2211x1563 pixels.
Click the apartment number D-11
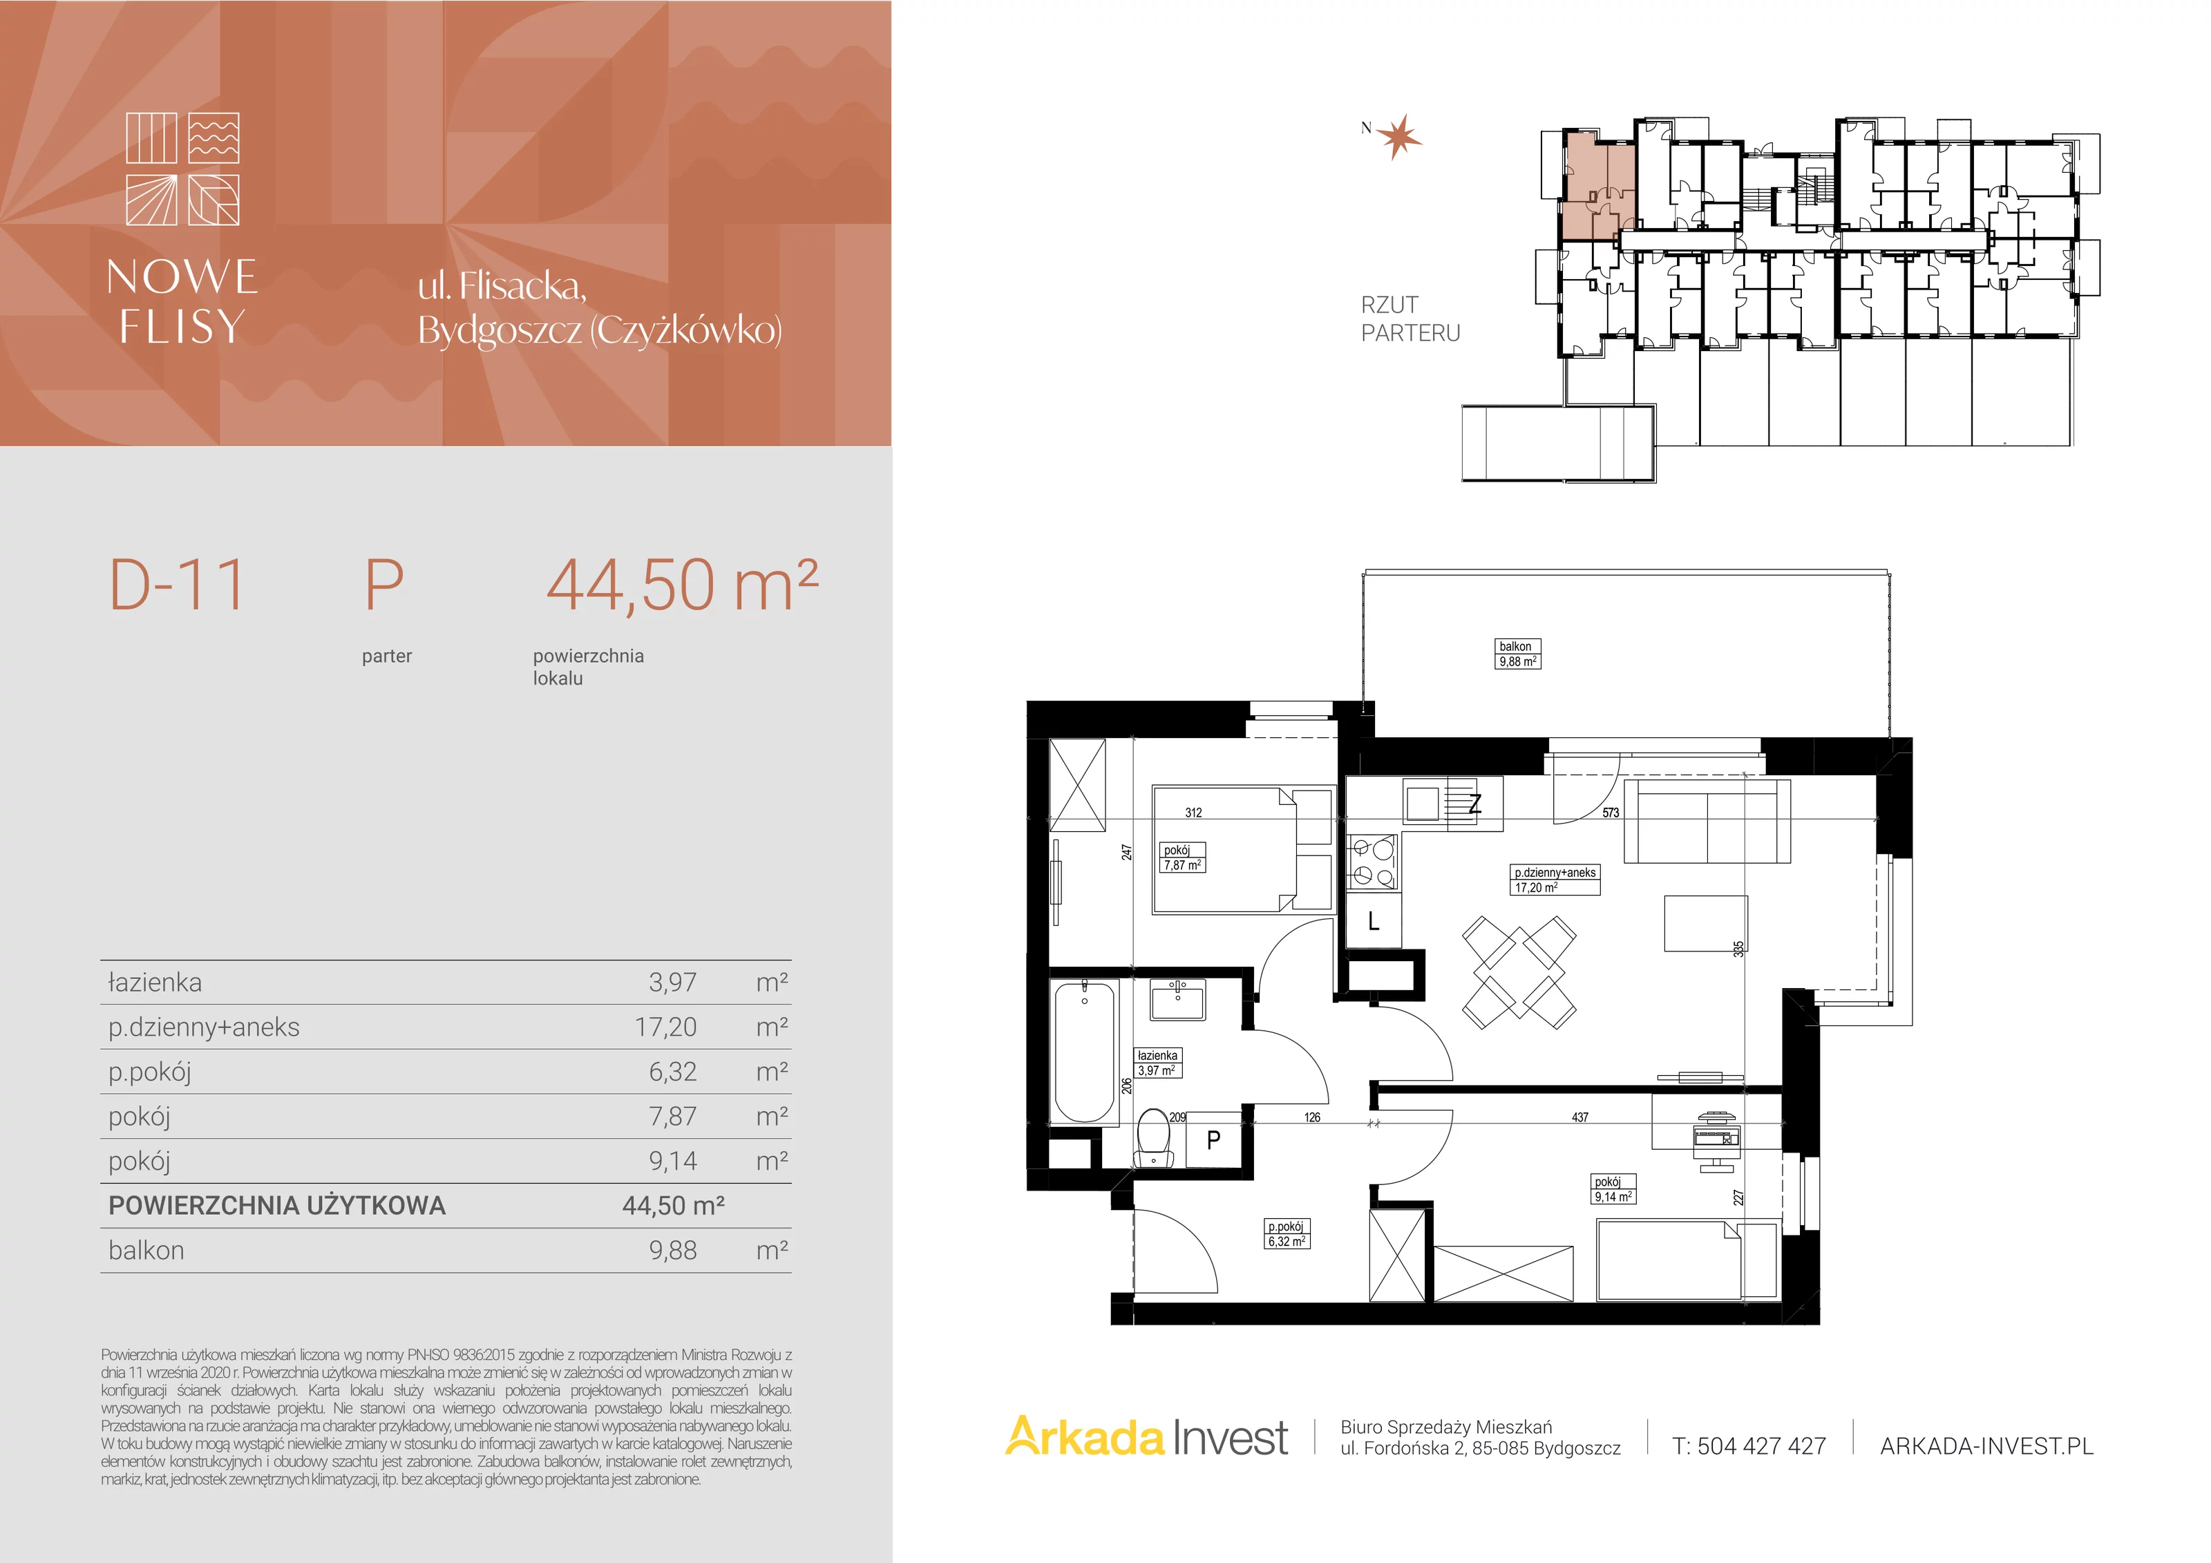[177, 585]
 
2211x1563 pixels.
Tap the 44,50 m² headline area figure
[682, 585]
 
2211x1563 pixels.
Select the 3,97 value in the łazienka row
[672, 983]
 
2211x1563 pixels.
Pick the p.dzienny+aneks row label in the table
[203, 1027]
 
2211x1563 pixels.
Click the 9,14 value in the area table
[672, 1162]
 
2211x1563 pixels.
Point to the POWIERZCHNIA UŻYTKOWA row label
[277, 1206]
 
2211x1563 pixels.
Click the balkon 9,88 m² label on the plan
[1518, 654]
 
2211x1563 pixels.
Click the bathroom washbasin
[1177, 1000]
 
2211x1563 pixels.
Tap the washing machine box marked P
[1213, 1140]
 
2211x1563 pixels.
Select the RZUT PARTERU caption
[1410, 319]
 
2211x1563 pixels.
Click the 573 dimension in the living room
[1610, 813]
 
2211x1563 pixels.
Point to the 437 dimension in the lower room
[1580, 1117]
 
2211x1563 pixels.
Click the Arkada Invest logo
[1146, 1438]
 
